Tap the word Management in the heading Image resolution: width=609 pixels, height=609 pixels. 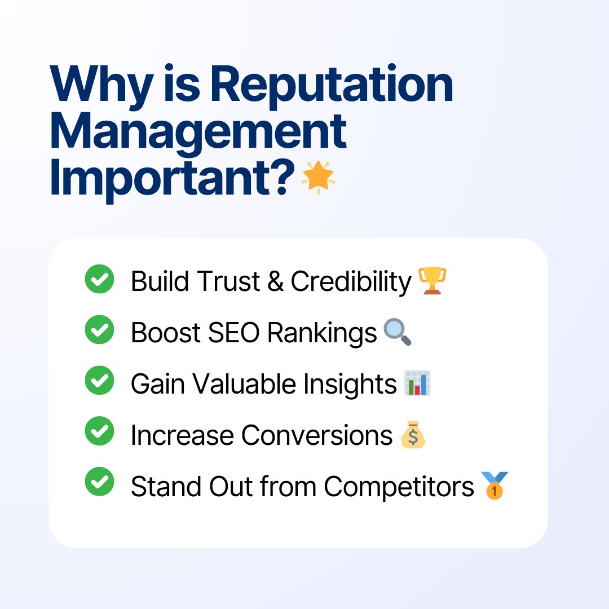pos(198,131)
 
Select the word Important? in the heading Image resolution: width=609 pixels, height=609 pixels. pos(172,178)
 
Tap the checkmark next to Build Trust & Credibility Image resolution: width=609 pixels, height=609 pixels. pos(99,280)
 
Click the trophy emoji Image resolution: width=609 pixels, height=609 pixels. pos(432,281)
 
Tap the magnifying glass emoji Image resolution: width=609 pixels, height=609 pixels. pos(398,332)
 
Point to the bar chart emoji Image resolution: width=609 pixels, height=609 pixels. pos(417,383)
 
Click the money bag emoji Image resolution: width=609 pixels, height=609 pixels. pos(413,435)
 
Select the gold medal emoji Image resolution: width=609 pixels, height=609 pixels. pos(495,486)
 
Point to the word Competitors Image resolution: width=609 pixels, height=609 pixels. pos(399,487)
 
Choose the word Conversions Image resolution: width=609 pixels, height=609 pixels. pos(317,435)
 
